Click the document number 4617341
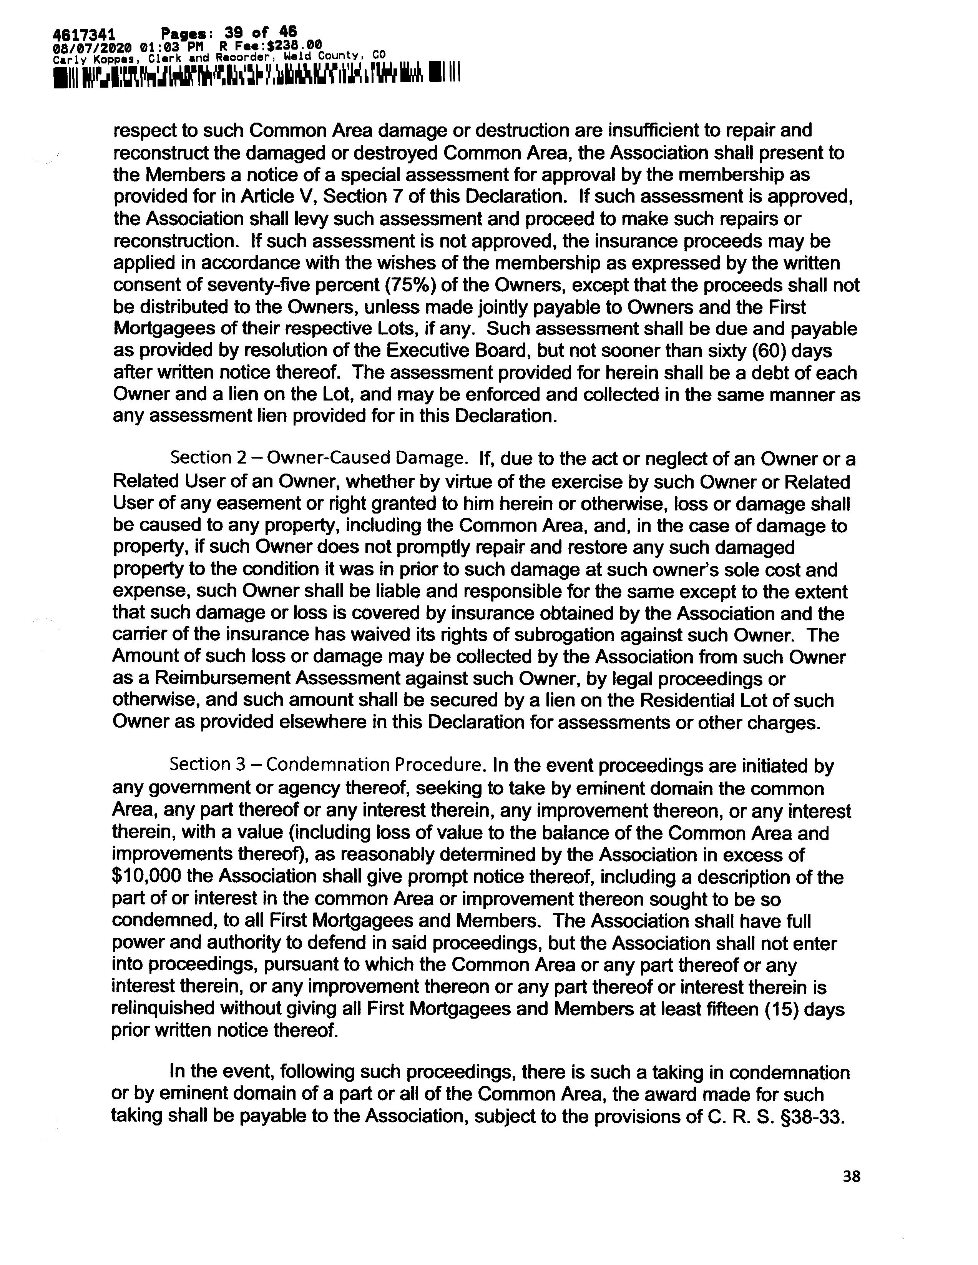pos(83,33)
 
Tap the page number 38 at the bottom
pos(851,1176)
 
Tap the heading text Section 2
pos(200,459)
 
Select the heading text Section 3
pos(200,765)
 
